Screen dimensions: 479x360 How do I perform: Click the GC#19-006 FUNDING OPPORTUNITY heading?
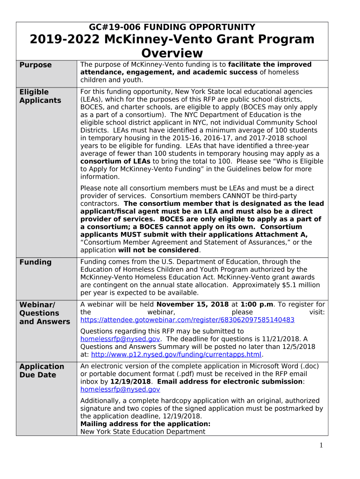click(x=172, y=27)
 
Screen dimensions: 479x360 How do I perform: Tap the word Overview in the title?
click(x=172, y=53)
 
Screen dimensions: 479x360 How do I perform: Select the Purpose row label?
click(x=36, y=65)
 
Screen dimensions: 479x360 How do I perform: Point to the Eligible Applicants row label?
click(x=40, y=96)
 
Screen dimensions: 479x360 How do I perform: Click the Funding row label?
click(x=36, y=262)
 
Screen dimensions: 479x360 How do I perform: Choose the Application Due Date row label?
click(x=42, y=371)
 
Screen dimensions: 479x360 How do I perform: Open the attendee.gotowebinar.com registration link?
click(x=187, y=320)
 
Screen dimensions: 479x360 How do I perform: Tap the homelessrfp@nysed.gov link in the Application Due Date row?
click(x=120, y=389)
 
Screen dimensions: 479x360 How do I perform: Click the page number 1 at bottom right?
click(x=321, y=445)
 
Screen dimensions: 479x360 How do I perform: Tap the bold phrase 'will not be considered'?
click(x=158, y=250)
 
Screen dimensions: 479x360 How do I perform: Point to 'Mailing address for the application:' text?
click(x=145, y=424)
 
